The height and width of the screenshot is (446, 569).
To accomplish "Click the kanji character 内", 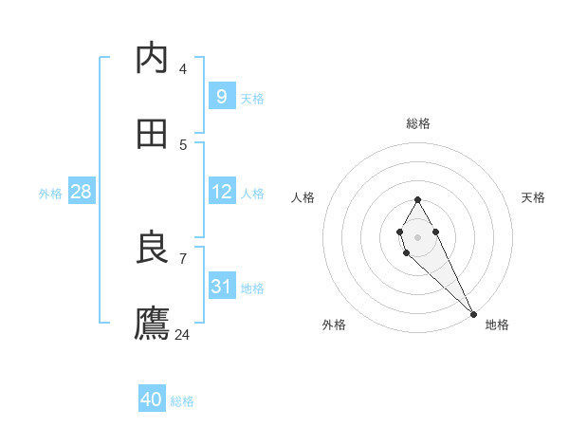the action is [x=152, y=59].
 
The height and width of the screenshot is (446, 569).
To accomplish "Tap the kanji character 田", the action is [x=152, y=134].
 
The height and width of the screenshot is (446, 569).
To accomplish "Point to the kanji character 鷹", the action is [x=152, y=323].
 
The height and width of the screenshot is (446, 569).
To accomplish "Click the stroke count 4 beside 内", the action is [x=183, y=68].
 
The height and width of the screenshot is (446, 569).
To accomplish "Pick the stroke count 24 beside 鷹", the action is [x=183, y=334].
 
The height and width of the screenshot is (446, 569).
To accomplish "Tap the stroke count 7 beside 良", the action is [x=183, y=258].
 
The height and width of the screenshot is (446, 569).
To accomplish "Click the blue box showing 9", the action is [x=221, y=96].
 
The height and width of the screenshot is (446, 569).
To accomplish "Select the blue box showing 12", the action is [x=221, y=192].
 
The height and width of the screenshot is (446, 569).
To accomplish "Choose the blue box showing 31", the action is [x=221, y=286].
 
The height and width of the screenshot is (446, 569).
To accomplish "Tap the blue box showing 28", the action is [x=82, y=192].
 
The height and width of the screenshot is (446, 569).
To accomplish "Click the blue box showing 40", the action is [x=152, y=400].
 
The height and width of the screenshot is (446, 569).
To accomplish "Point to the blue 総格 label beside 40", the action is [x=182, y=401].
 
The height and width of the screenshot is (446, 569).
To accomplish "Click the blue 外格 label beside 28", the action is [x=50, y=194].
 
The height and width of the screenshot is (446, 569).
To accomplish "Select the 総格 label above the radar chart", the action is [x=418, y=123].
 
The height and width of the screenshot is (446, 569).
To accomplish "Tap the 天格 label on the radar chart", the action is [x=533, y=197].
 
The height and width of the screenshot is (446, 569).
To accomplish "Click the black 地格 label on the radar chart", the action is [x=497, y=325].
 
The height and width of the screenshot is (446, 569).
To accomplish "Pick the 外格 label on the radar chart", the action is [x=334, y=325].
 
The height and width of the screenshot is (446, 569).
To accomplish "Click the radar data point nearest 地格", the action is [x=474, y=313].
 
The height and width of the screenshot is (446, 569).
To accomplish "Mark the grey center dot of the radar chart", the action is [x=417, y=235].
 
